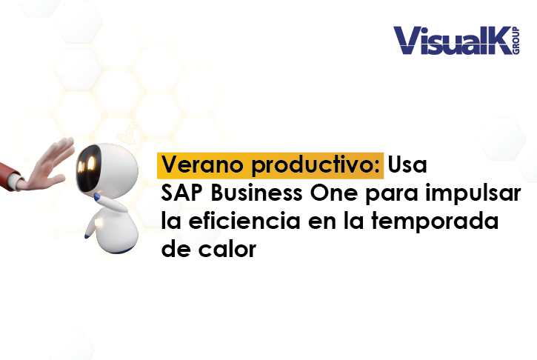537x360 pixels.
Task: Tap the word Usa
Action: coord(407,164)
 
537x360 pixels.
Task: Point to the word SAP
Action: coord(182,193)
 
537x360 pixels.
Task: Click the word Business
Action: coord(256,193)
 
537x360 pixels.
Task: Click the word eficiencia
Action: coord(244,221)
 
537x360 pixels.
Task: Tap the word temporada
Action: coord(435,222)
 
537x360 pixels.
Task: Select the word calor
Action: coord(227,249)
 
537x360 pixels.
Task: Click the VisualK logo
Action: coord(456,41)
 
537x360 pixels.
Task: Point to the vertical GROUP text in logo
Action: coord(516,41)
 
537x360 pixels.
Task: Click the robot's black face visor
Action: coord(87,164)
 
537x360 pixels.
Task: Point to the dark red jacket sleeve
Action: coord(9,174)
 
